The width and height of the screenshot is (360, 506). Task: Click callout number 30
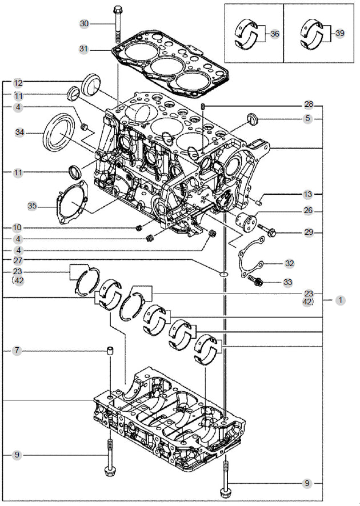tap(85, 23)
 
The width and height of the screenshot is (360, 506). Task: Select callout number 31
tap(85, 50)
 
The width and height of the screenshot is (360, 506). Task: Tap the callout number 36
tap(275, 34)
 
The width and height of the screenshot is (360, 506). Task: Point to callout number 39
tap(339, 34)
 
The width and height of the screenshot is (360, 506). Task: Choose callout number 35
tap(33, 204)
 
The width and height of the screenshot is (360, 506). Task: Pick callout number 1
tap(340, 299)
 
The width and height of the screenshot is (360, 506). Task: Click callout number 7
tap(17, 350)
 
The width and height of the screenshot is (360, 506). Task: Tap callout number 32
tap(289, 263)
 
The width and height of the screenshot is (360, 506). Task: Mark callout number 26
tap(309, 211)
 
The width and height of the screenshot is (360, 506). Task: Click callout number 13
tap(309, 194)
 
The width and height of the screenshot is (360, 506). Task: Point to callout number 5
tap(309, 119)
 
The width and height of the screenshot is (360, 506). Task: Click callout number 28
tap(309, 105)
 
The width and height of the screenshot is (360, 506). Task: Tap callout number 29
tap(309, 232)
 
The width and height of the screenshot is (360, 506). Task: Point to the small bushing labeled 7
tap(109, 350)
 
